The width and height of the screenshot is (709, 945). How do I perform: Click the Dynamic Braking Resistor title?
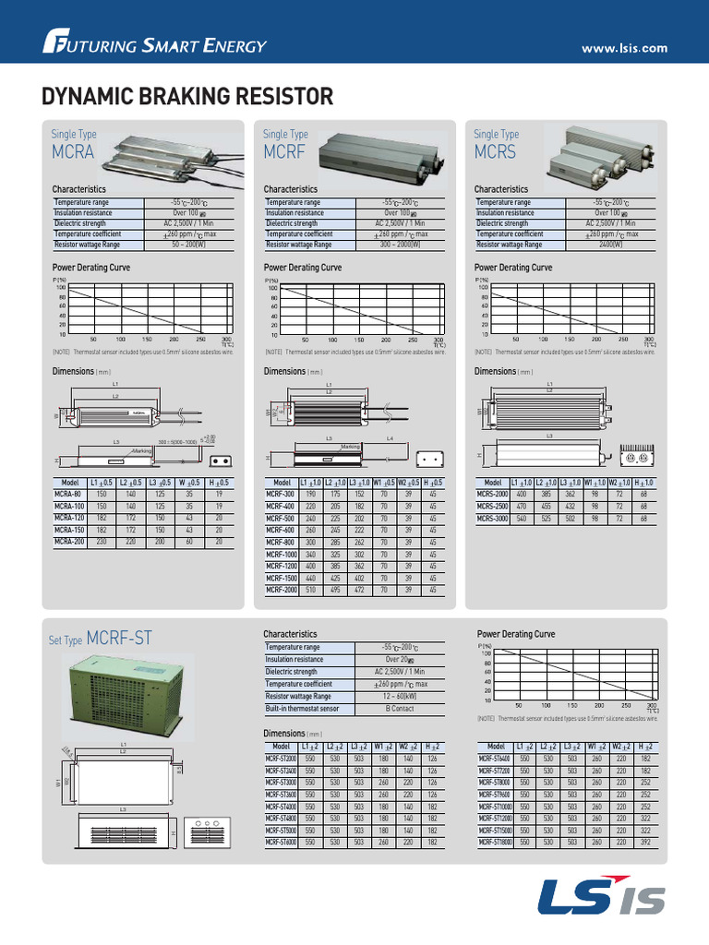pos(187,97)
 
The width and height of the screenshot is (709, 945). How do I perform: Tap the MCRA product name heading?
pos(73,152)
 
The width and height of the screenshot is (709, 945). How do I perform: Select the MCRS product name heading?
pos(495,152)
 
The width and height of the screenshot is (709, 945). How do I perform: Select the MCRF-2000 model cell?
pos(281,589)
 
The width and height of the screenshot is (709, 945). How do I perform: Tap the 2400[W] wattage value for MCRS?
pos(609,245)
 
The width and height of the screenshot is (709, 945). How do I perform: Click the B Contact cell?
pos(400,709)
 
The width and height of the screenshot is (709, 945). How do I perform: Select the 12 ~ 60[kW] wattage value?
pos(400,697)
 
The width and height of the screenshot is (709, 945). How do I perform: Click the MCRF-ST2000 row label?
pos(281,758)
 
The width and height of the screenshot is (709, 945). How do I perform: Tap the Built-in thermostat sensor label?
pos(302,709)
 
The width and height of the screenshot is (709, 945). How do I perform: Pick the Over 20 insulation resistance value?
pos(399,660)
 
